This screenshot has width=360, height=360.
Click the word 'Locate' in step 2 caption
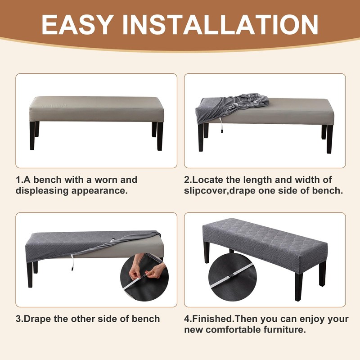pos(209,180)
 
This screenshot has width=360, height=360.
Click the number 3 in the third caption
pos(18,319)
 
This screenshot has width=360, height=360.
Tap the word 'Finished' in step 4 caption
pos(213,319)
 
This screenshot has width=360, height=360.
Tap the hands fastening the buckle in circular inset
pos(144,273)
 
